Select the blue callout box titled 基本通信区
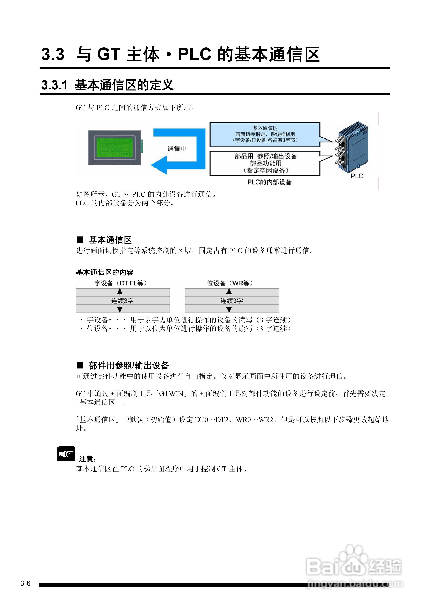click(x=265, y=134)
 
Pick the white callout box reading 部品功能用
click(x=265, y=163)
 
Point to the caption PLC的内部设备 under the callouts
click(x=269, y=182)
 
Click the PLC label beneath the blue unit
click(x=357, y=176)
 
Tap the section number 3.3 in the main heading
click(x=53, y=54)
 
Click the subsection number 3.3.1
click(x=54, y=85)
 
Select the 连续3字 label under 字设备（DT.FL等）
click(x=122, y=301)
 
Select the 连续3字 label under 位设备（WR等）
click(x=232, y=301)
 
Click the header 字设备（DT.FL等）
click(x=121, y=283)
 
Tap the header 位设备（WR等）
click(x=230, y=283)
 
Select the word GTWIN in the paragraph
click(x=171, y=394)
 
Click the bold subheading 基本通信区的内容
click(x=104, y=272)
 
